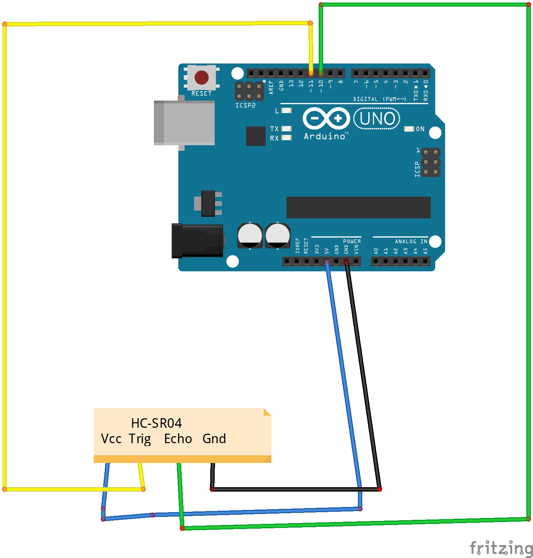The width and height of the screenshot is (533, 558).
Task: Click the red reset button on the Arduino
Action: [201, 77]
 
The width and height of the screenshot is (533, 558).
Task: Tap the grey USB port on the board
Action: [185, 123]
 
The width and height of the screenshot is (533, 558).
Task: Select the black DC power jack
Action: [197, 241]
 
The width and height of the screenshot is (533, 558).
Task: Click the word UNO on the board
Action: [377, 119]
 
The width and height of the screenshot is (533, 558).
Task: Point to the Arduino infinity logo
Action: [326, 118]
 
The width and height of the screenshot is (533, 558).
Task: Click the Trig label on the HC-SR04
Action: [140, 439]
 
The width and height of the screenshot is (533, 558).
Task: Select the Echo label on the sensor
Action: [178, 439]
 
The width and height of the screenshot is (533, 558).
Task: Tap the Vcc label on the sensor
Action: [111, 439]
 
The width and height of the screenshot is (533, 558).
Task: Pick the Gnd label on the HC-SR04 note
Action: [214, 439]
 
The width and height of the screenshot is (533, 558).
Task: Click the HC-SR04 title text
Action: [156, 423]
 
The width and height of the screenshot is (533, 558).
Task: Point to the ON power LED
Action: [409, 129]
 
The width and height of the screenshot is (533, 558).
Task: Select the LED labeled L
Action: [286, 110]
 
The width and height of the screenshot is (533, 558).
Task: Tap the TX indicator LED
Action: [286, 129]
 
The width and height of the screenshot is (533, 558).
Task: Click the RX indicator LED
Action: [286, 138]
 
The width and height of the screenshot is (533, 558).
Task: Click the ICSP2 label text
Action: [245, 105]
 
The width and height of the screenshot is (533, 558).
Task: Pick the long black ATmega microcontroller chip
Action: [358, 207]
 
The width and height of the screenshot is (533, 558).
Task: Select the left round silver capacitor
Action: [250, 236]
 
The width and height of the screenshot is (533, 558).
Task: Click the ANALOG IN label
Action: [411, 241]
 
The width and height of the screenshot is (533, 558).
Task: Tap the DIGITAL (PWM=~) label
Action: [380, 99]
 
